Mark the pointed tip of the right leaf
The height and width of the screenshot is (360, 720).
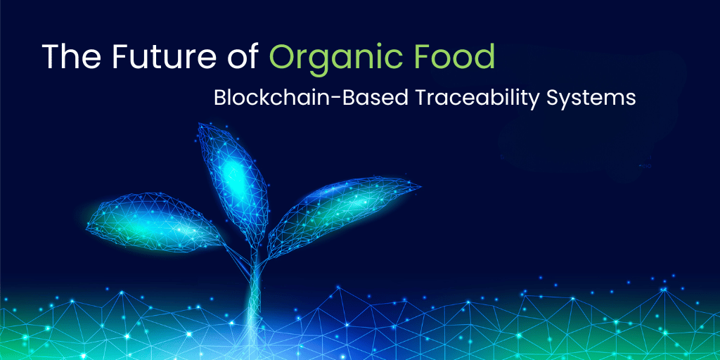tap(420, 187)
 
